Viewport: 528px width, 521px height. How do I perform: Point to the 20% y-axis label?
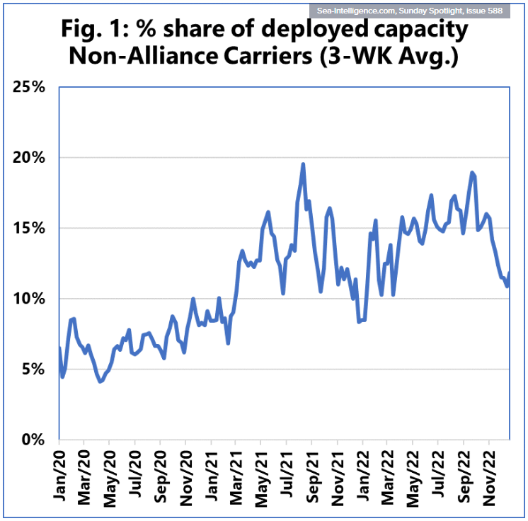coord(29,157)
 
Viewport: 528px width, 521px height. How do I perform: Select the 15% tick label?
coord(29,228)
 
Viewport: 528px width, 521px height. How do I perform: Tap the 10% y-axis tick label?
coord(29,298)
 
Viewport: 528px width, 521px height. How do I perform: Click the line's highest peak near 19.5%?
coord(303,164)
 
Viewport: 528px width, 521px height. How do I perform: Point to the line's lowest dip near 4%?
coord(101,382)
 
